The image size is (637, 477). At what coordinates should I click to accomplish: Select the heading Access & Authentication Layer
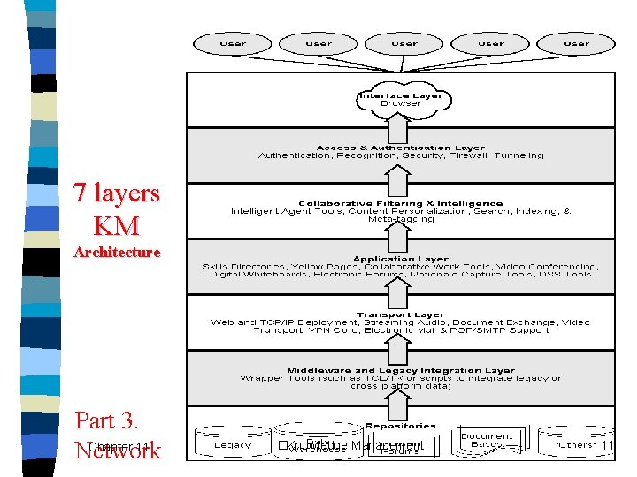point(402,148)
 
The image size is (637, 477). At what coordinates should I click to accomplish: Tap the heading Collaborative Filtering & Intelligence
point(402,203)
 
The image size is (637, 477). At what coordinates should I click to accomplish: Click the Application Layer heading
point(402,259)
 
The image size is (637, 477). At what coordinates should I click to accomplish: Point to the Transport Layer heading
point(402,314)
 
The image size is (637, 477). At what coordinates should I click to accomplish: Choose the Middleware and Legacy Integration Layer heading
point(402,371)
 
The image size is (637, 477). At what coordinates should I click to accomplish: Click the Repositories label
point(402,426)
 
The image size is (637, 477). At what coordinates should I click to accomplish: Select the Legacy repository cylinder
point(232,444)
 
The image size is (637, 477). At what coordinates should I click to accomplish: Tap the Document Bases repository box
point(487,440)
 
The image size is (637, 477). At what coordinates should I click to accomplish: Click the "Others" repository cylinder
point(575,444)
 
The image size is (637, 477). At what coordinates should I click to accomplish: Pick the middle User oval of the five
point(404,42)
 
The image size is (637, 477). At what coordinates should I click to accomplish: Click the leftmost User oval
point(233,42)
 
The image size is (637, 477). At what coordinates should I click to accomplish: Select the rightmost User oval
point(576,42)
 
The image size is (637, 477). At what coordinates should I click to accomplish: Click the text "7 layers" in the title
point(116,193)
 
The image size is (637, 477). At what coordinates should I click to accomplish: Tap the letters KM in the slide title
point(116,225)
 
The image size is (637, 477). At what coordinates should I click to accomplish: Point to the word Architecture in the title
point(117,253)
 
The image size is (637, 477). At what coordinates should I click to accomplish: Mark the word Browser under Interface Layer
point(402,103)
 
